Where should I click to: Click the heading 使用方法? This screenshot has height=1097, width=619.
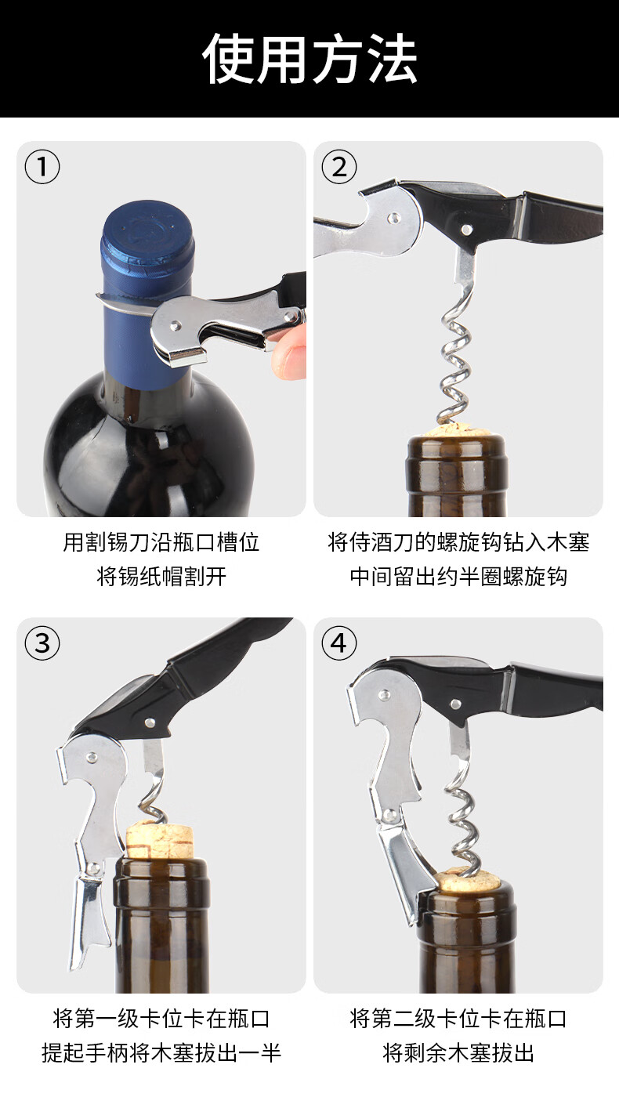pos(309,59)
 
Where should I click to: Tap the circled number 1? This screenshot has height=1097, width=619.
pos(42,167)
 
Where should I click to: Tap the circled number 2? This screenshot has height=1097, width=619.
pos(338,167)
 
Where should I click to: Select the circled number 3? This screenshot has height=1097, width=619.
pos(42,643)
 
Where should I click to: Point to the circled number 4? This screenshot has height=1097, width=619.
pos(338,643)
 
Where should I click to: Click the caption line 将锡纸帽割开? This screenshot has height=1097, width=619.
pos(161,577)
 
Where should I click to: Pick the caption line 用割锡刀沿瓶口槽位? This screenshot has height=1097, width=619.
pos(161,542)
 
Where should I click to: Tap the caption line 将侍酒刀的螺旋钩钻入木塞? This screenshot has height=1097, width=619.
pos(458,542)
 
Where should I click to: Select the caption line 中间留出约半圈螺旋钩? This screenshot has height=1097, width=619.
pos(458,577)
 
